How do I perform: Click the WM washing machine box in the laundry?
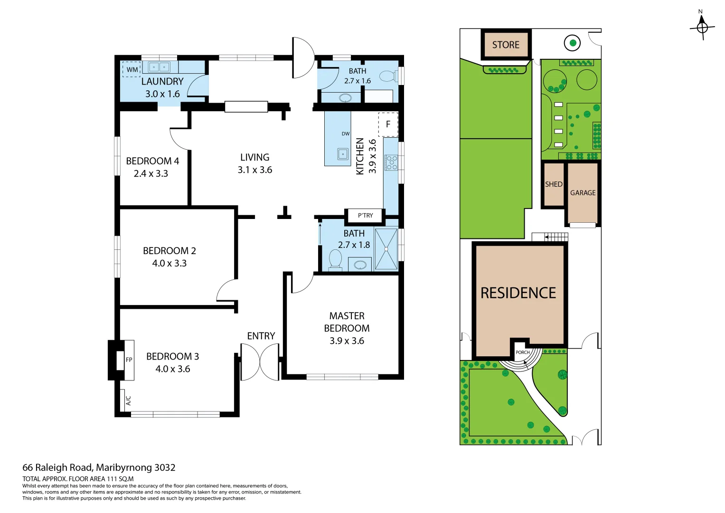click(132, 69)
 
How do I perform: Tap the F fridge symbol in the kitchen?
click(388, 124)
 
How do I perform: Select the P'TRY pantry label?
click(366, 215)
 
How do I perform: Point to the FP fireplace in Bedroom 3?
click(129, 360)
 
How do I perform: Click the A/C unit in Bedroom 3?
click(128, 400)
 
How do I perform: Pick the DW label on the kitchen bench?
click(345, 134)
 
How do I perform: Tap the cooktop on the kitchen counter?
click(391, 162)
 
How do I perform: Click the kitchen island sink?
click(343, 154)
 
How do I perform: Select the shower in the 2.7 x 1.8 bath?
click(386, 249)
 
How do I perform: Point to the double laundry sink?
click(159, 67)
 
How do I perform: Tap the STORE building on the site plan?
click(506, 44)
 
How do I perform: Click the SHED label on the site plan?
click(554, 184)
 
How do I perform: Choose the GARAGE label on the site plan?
click(583, 193)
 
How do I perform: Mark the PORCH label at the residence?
click(522, 352)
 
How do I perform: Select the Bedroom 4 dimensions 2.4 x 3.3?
click(151, 173)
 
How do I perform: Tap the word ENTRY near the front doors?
click(261, 336)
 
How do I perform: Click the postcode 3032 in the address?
click(165, 468)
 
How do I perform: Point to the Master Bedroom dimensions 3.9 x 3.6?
click(347, 341)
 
